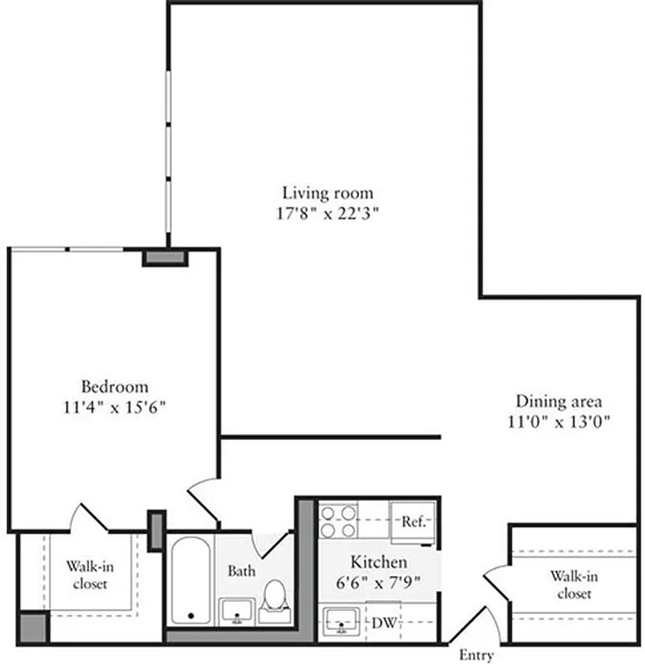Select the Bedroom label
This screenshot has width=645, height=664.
(x=115, y=387)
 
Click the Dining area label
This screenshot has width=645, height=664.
(x=559, y=401)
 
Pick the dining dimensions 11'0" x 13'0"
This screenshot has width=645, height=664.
(x=559, y=421)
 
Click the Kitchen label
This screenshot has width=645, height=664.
(x=378, y=562)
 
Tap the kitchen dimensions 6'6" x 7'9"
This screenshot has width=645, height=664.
(x=378, y=581)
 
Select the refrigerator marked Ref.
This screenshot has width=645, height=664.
(x=413, y=522)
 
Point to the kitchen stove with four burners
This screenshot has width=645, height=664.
(x=338, y=520)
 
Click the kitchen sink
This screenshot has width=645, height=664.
(x=341, y=619)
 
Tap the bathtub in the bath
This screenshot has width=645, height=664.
(x=190, y=581)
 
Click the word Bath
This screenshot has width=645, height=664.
(x=242, y=571)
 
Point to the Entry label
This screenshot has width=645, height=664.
(x=476, y=655)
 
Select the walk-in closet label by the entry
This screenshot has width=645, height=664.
(x=574, y=584)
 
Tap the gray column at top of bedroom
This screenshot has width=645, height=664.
(x=165, y=257)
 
